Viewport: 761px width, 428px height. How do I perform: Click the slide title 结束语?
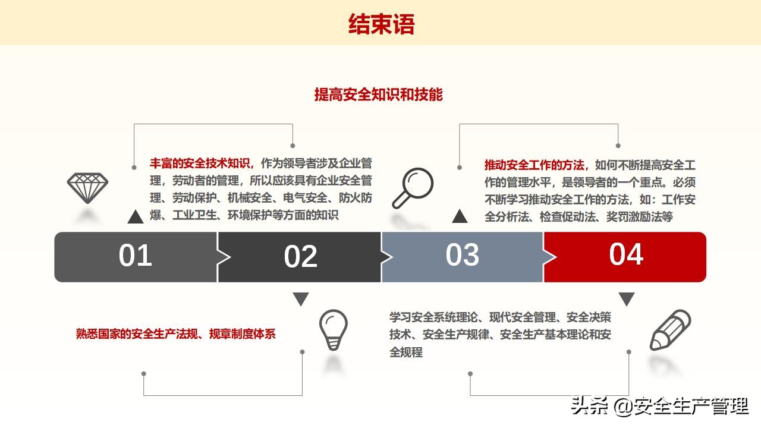(381, 24)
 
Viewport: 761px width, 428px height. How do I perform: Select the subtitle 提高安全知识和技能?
(379, 95)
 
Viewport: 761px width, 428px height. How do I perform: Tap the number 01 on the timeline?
(136, 256)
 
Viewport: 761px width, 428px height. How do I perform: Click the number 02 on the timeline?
(300, 257)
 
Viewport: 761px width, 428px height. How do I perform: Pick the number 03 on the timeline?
(462, 255)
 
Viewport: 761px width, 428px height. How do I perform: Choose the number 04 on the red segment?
(626, 254)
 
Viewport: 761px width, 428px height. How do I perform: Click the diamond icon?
(87, 188)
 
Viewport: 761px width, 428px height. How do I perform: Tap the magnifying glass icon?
(412, 188)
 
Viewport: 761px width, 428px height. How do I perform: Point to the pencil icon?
(670, 331)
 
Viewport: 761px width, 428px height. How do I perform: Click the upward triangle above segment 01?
(136, 217)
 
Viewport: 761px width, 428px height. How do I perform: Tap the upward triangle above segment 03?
(460, 216)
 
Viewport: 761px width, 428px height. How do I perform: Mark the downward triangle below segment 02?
(301, 299)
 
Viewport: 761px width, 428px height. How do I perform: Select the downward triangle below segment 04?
(627, 299)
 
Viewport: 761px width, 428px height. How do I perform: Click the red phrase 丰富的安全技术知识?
(202, 163)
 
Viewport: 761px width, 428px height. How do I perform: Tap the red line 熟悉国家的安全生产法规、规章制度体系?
(176, 334)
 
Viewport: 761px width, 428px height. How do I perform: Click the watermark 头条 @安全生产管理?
(659, 407)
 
